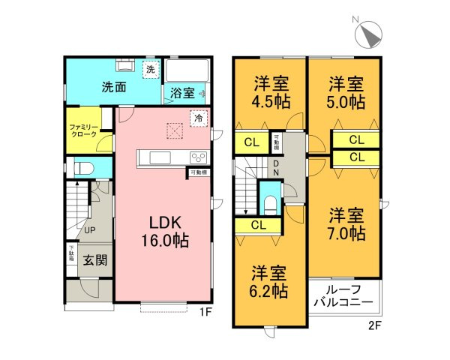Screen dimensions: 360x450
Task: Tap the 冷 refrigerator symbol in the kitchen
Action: pyautogui.click(x=199, y=118)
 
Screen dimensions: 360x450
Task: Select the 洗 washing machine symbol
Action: pyautogui.click(x=150, y=70)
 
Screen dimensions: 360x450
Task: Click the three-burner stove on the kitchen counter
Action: pyautogui.click(x=197, y=157)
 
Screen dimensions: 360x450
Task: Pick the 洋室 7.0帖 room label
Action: pyautogui.click(x=346, y=223)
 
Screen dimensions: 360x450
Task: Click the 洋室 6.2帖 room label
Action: pyautogui.click(x=270, y=280)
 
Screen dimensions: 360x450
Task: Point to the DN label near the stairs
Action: pyautogui.click(x=276, y=169)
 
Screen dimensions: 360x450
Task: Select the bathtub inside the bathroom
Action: pyautogui.click(x=187, y=73)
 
